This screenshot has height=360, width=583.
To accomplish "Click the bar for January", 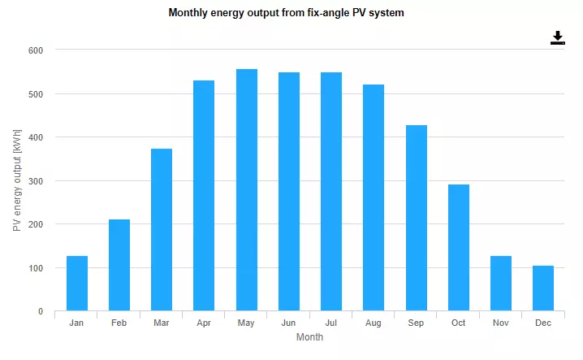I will (x=77, y=284).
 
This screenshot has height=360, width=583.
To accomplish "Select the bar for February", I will (x=119, y=265).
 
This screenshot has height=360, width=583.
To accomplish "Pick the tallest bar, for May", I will (x=246, y=190).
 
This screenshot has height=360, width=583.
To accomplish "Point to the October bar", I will (x=459, y=248).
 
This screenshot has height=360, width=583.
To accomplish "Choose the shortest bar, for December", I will (x=543, y=288).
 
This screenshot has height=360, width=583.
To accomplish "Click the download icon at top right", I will (x=557, y=38).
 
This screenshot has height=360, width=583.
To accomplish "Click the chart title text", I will (x=286, y=13).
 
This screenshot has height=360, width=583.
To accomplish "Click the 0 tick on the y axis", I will (x=40, y=311).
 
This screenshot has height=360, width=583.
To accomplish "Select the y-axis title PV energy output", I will (x=17, y=180).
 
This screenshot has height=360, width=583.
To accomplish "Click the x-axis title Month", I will (x=309, y=337).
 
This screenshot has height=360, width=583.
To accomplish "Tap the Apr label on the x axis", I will (x=204, y=323).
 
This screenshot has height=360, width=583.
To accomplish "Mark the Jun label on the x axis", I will (x=288, y=323).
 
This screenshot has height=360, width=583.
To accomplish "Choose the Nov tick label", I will (x=501, y=323).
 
